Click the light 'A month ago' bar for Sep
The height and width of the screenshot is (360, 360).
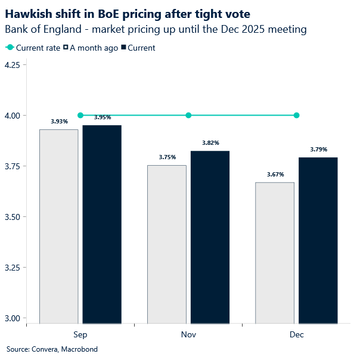click(58, 226)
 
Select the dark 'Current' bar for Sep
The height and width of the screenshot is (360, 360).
click(102, 225)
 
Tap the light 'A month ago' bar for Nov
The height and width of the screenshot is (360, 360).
click(166, 244)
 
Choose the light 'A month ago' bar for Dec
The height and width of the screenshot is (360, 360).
click(275, 253)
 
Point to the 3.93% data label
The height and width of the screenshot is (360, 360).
click(59, 121)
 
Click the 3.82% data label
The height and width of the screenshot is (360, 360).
click(210, 143)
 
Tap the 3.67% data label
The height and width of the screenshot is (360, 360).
click(275, 175)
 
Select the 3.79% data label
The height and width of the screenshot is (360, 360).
click(318, 149)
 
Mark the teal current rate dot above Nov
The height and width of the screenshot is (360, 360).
click(188, 115)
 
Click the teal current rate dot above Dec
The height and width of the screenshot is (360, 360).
click(297, 115)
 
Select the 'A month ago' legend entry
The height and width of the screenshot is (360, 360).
click(91, 48)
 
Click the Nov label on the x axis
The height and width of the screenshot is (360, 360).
click(188, 334)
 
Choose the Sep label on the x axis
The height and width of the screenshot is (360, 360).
click(80, 334)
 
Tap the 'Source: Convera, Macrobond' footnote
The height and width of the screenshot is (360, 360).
click(52, 349)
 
